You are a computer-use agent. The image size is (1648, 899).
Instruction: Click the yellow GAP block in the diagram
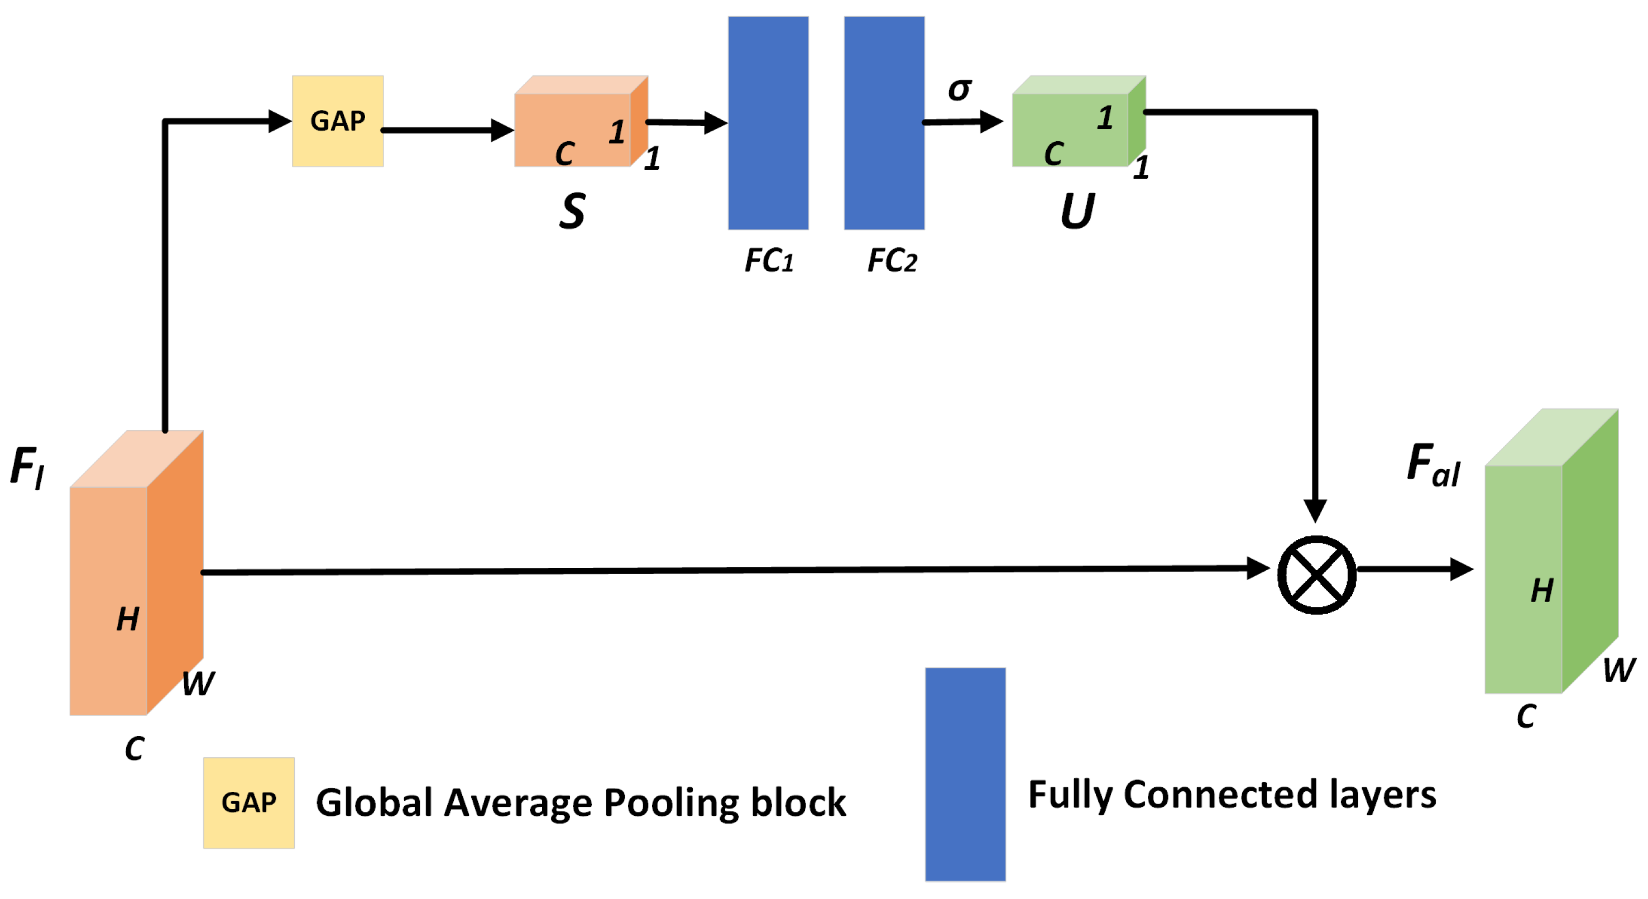(337, 121)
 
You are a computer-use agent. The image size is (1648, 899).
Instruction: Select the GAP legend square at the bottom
(248, 802)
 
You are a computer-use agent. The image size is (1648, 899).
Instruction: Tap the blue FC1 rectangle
(768, 123)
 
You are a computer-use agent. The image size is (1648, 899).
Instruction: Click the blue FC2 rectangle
(884, 123)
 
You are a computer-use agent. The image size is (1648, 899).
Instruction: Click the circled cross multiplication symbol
(1316, 575)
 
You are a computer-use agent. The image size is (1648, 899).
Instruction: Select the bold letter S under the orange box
(572, 211)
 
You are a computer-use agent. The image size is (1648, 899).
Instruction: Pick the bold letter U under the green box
(1077, 211)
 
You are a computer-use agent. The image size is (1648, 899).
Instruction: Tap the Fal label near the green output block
(1433, 465)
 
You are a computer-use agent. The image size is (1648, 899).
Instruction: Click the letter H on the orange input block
(127, 619)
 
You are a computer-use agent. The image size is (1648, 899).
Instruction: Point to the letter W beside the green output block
(1618, 670)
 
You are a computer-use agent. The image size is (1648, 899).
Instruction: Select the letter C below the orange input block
(135, 748)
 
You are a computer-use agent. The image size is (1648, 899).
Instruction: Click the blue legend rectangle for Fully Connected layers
(965, 774)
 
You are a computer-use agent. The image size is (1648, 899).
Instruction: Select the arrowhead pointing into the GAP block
(280, 121)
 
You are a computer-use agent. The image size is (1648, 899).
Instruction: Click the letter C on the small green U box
(1053, 154)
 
